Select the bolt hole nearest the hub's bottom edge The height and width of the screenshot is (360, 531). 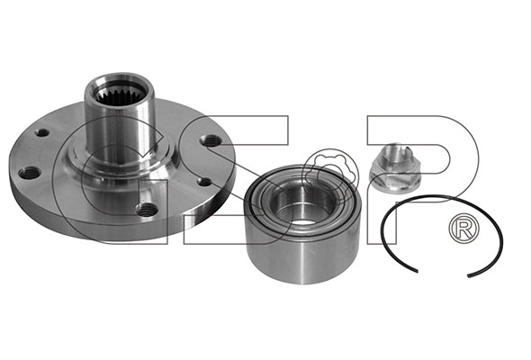tap(147, 210)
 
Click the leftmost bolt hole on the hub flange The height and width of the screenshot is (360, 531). tap(29, 173)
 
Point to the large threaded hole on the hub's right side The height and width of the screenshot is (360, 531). tap(211, 140)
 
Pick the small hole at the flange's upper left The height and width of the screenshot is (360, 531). tap(42, 132)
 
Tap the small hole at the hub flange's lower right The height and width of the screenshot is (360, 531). tap(204, 182)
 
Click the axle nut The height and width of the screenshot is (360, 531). tap(394, 169)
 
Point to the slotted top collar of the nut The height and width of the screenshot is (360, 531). tap(392, 153)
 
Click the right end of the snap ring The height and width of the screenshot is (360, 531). tap(469, 276)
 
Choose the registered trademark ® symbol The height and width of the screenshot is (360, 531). tap(463, 228)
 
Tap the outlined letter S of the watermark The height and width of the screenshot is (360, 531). tap(236, 179)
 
